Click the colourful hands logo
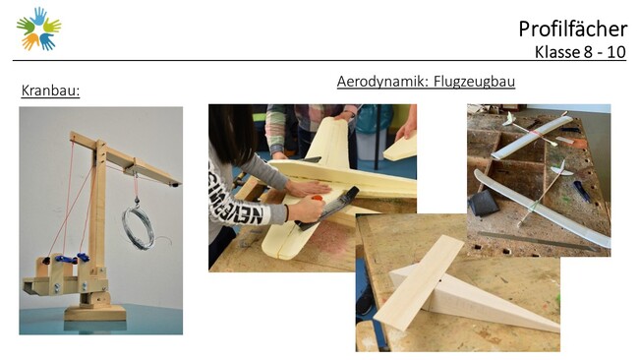38,29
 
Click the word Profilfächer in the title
572,29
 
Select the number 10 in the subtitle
616,52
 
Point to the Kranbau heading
50,90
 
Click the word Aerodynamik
382,82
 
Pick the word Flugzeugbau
474,82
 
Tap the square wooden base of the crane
94,312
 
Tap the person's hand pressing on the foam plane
307,188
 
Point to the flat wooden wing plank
419,282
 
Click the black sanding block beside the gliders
484,203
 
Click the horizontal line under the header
320,60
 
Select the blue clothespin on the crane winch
66,259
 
